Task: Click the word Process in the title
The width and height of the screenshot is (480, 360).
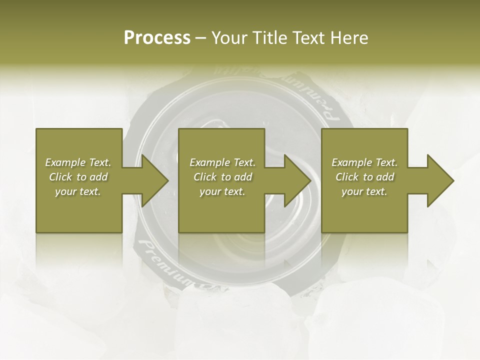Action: tap(157, 38)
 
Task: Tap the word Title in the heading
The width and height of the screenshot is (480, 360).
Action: tap(269, 38)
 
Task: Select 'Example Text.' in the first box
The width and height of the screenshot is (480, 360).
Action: tap(78, 162)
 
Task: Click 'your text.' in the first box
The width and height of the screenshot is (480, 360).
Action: tap(78, 191)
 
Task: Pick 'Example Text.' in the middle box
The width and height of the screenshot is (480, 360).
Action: tap(222, 162)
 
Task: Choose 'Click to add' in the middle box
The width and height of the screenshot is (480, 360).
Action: tap(222, 177)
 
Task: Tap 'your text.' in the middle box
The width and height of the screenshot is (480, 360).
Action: tap(222, 191)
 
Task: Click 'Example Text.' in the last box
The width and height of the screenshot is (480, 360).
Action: tap(364, 162)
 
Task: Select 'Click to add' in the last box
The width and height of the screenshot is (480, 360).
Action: tap(364, 177)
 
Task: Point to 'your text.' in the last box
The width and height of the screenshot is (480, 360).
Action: tap(364, 191)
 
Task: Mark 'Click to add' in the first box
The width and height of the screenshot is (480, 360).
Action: tap(78, 177)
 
